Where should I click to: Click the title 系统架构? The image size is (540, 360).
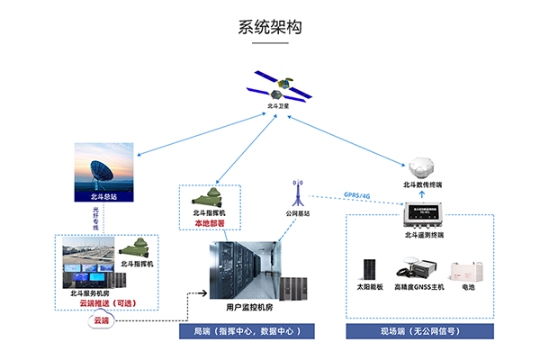[270, 27]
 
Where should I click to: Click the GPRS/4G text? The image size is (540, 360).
[357, 194]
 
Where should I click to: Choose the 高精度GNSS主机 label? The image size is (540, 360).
[418, 287]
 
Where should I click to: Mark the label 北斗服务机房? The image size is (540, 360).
[90, 293]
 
